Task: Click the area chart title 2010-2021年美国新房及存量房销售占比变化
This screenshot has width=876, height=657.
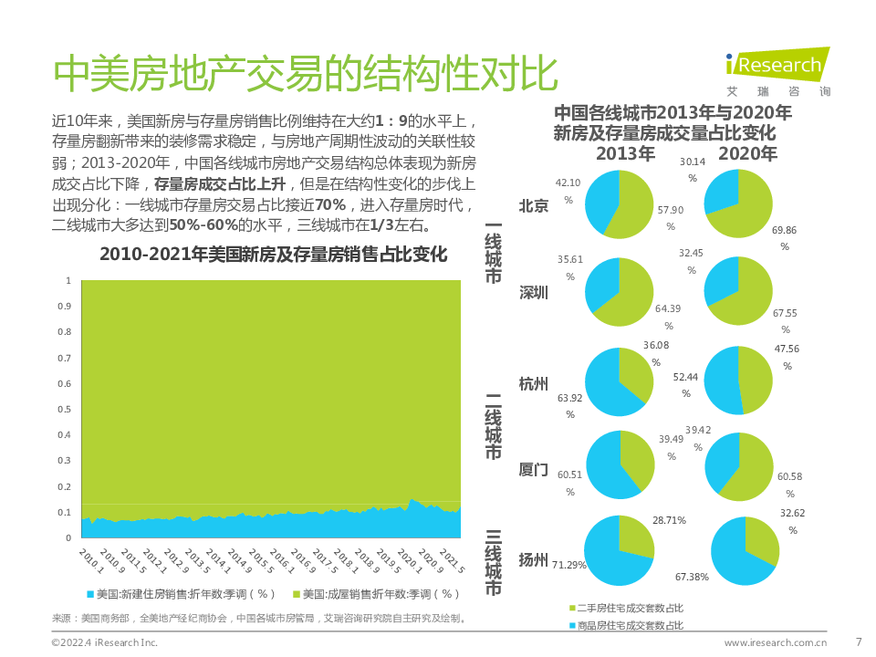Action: click(x=273, y=254)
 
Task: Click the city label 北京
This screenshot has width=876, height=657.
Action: click(x=533, y=205)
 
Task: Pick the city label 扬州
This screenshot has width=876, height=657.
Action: click(x=533, y=560)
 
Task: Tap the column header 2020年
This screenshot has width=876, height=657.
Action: click(x=747, y=153)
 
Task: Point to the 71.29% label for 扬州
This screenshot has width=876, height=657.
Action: click(x=568, y=566)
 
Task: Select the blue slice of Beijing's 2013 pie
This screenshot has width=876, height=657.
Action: click(x=601, y=196)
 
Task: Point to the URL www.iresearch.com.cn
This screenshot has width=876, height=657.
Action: click(x=777, y=642)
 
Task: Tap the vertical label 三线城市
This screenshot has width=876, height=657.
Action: click(x=493, y=562)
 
